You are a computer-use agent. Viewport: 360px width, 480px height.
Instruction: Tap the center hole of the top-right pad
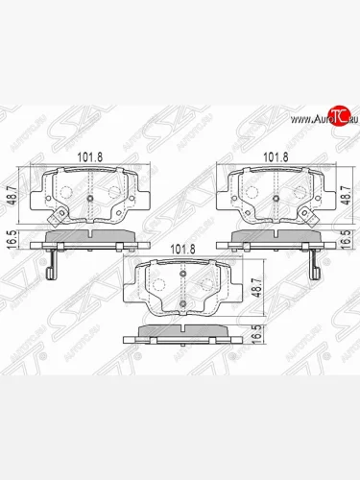277,200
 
